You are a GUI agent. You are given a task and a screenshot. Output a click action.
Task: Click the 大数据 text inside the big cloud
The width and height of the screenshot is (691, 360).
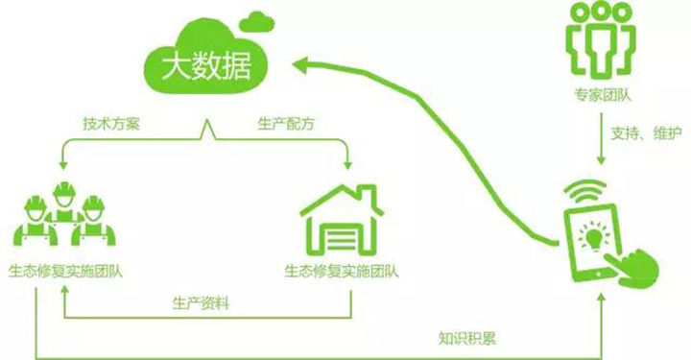[206, 66]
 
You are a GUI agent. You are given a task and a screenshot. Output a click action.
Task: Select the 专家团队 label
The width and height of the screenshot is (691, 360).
[603, 95]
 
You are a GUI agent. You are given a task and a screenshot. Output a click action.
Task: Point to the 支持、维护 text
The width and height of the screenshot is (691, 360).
[646, 132]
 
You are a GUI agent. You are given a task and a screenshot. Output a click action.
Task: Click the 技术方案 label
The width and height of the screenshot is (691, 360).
[111, 124]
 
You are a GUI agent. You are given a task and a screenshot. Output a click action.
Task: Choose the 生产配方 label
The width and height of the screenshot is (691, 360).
[286, 124]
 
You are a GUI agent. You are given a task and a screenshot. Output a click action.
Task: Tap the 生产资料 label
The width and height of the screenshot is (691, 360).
[201, 303]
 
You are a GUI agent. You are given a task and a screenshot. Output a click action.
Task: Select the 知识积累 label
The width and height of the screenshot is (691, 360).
[467, 338]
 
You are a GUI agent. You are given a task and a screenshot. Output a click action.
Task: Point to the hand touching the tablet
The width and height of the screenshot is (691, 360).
[633, 267]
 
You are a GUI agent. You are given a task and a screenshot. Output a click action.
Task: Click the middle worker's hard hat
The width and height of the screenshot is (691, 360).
[65, 188]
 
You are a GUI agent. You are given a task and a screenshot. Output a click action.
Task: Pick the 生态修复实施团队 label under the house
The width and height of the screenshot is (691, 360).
[342, 271]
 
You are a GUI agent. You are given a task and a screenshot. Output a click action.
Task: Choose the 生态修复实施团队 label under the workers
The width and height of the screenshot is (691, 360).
[65, 271]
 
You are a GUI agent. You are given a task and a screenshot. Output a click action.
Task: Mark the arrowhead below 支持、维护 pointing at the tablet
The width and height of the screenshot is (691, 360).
[601, 160]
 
